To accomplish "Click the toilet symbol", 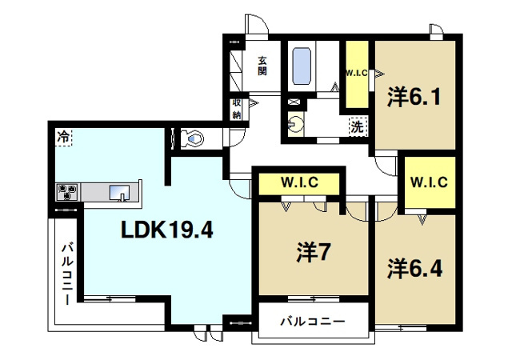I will pos(193,138).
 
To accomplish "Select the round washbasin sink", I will pos(297,123).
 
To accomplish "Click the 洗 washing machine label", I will pos(358,126).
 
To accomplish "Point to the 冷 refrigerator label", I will pos(62,138).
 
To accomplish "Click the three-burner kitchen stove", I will pos(66,192).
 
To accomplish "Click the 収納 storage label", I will pos(238,109).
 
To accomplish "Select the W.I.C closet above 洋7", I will pos(299,183).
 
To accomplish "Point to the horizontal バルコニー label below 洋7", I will pos(312,323).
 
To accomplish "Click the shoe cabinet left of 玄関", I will pos(238,68).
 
